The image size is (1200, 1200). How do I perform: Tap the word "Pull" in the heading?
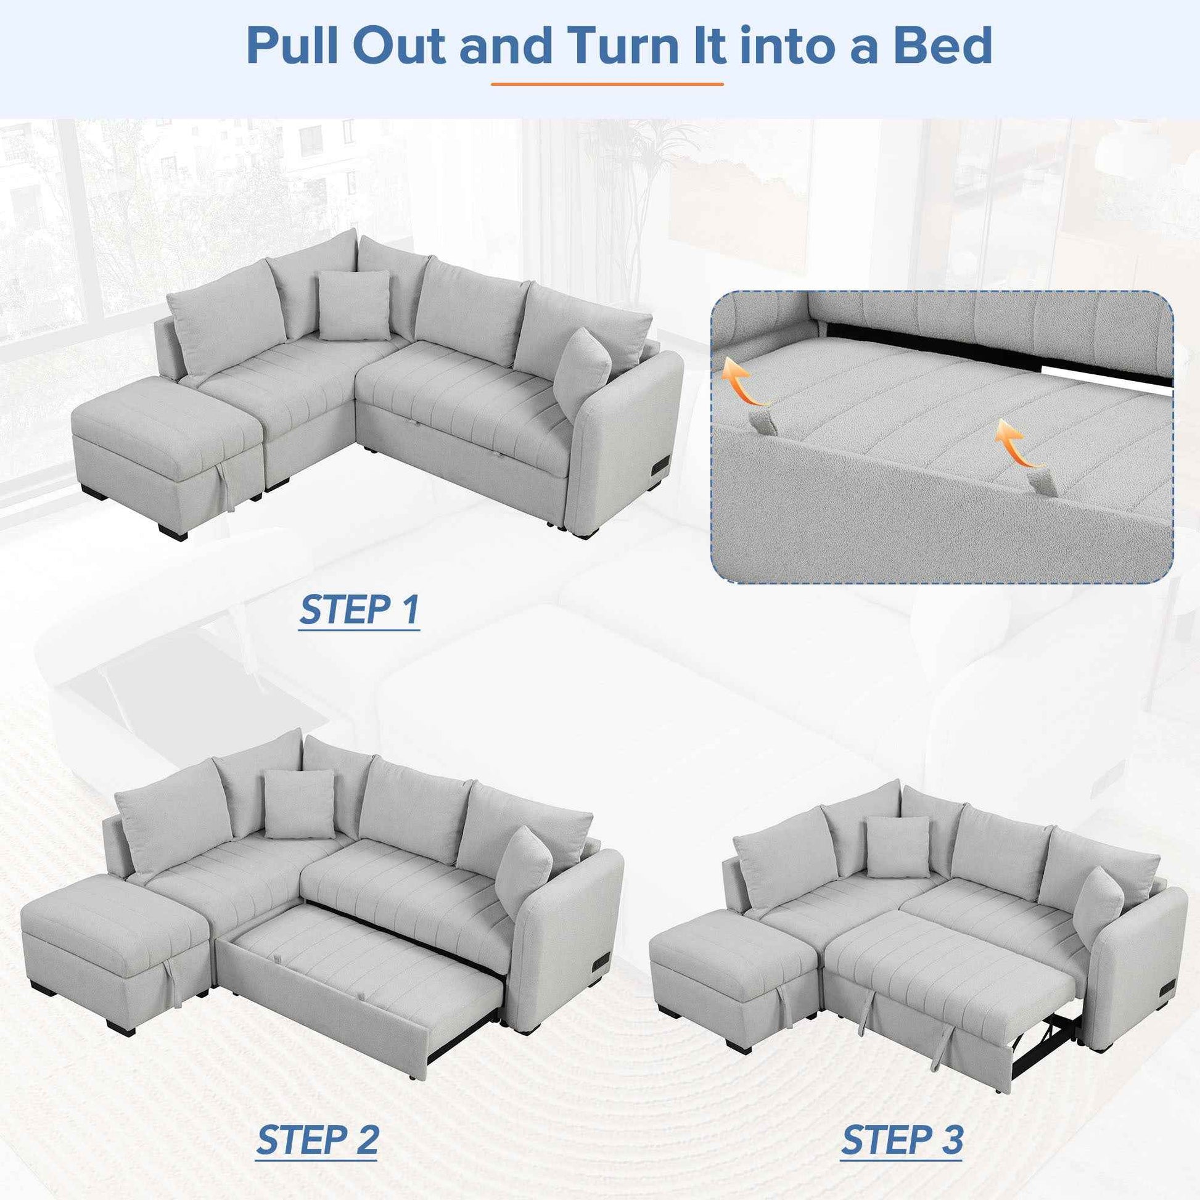click(x=295, y=47)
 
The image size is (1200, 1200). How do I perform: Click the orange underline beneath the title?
click(x=607, y=84)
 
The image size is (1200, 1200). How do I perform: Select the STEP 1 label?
click(x=359, y=610)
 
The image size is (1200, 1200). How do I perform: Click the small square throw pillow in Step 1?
click(x=354, y=306)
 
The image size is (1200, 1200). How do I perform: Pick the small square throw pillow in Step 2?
click(x=298, y=803)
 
